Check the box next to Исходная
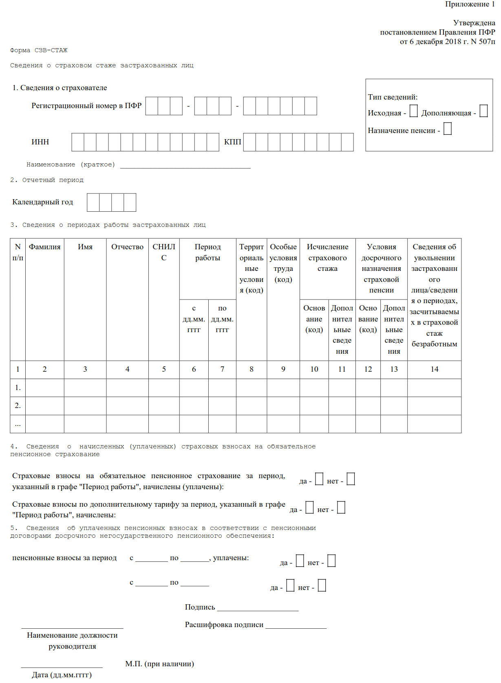pyautogui.click(x=413, y=111)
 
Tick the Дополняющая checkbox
pyautogui.click(x=483, y=111)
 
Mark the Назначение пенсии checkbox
pyautogui.click(x=448, y=129)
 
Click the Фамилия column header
pyautogui.click(x=45, y=247)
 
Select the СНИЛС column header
pyautogui.click(x=164, y=252)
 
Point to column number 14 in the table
pyautogui.click(x=435, y=369)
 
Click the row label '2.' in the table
pyautogui.click(x=18, y=406)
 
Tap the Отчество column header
pyautogui.click(x=127, y=247)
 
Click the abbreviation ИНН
pyautogui.click(x=40, y=142)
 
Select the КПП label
pyautogui.click(x=232, y=142)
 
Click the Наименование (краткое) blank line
pyautogui.click(x=185, y=165)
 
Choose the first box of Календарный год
pyautogui.click(x=93, y=202)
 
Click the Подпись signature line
pyautogui.click(x=258, y=608)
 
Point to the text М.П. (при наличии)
pyautogui.click(x=159, y=664)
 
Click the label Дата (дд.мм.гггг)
pyautogui.click(x=62, y=675)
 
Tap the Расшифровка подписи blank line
pyautogui.click(x=296, y=625)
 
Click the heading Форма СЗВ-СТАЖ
pyautogui.click(x=39, y=50)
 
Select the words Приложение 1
pyautogui.click(x=470, y=4)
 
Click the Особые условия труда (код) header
pyautogui.click(x=283, y=263)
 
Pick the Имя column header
pyautogui.click(x=85, y=247)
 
